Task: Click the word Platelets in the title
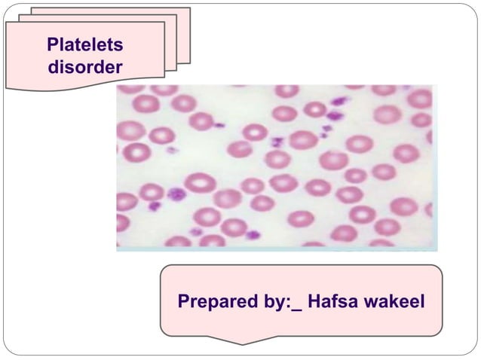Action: [84, 46]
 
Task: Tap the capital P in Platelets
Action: [52, 46]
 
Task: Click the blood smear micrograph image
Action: [276, 166]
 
